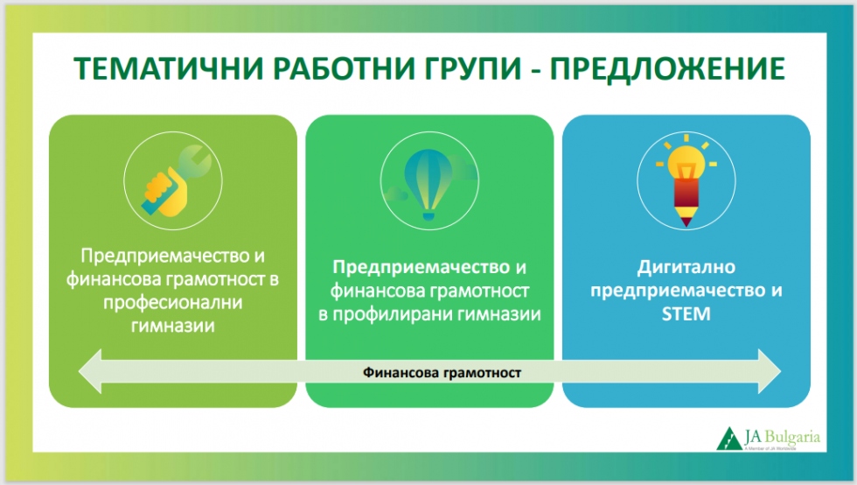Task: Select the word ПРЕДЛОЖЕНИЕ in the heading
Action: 667,68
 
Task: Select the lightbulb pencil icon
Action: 686,180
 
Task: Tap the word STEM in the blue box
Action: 686,313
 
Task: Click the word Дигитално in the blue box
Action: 686,267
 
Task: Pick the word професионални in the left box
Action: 173,303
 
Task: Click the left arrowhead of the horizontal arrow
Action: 90,372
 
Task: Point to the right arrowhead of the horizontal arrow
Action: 770,372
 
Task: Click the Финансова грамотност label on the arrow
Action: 442,373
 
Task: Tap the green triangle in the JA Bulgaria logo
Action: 729,439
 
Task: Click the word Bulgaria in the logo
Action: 792,438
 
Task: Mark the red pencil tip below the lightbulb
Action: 686,222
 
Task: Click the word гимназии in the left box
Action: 173,327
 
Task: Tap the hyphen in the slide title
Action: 535,71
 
